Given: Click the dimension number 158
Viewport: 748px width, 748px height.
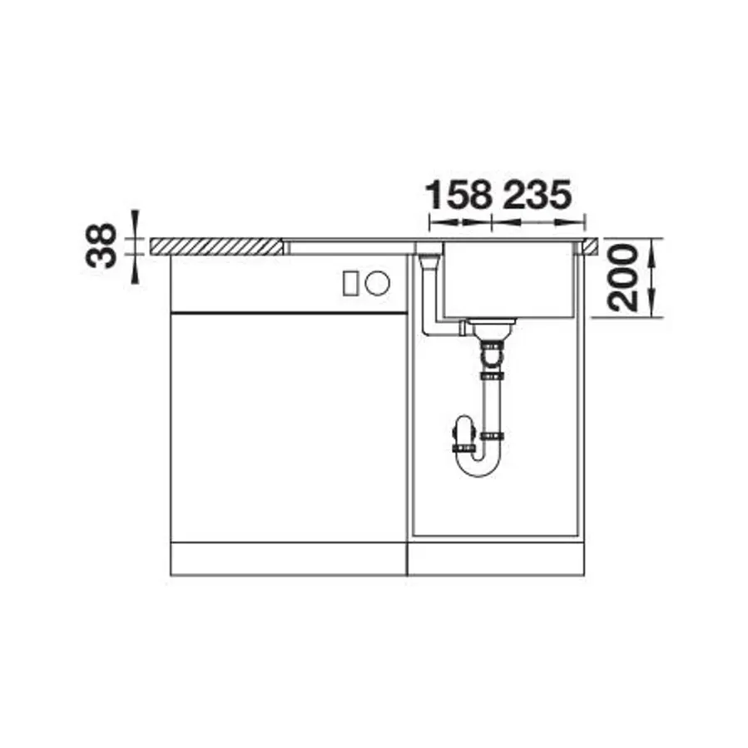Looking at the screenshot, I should pos(459,196).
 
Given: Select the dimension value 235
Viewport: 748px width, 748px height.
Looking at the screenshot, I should pos(537,196).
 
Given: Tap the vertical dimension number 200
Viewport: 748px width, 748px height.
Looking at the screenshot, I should pos(623,279).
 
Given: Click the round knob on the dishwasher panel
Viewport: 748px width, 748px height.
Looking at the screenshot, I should pos(378,283).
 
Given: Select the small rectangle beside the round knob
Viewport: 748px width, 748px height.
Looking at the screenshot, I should pos(350,283).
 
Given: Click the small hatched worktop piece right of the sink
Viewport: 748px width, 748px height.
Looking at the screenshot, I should pos(591,245).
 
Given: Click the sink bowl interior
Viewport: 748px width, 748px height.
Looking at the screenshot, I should pos(508,279).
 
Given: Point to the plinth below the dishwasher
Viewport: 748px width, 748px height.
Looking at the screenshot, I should pos(288,558).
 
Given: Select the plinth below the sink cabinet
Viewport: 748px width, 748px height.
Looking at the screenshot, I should pos(496,558).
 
